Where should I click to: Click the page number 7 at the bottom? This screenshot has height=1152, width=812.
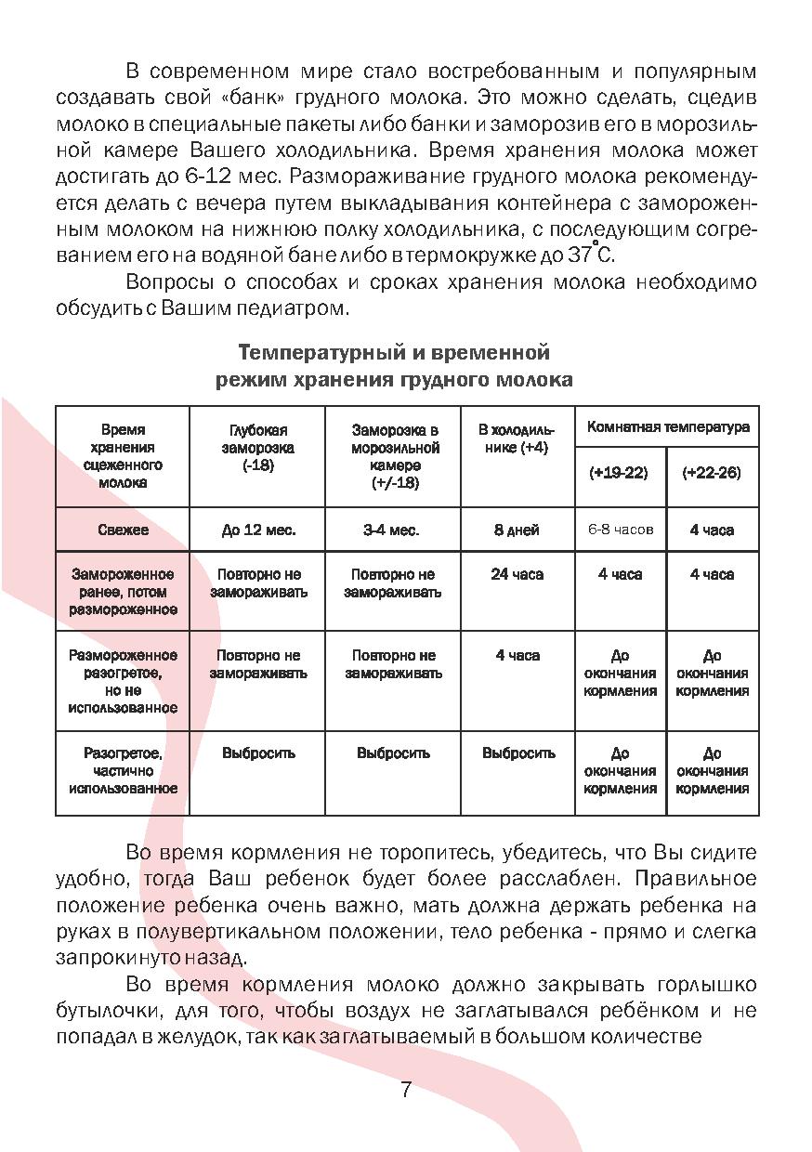point(406,1090)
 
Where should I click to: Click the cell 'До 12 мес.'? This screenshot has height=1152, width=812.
point(258,530)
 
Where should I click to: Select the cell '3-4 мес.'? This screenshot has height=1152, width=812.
point(391,530)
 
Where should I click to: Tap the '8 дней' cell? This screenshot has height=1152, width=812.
point(517,530)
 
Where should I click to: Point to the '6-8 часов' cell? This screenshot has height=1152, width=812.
point(620,530)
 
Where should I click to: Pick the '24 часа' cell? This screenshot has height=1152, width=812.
point(517,574)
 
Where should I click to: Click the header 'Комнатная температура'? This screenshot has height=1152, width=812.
point(667,427)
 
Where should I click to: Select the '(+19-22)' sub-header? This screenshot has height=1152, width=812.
point(619,473)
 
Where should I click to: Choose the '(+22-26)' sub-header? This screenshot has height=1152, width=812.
point(712,473)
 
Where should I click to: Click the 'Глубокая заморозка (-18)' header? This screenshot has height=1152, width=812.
point(258,448)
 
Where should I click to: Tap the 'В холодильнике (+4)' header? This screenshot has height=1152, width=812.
point(517,439)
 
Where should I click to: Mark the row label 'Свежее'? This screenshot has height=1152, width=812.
point(123,530)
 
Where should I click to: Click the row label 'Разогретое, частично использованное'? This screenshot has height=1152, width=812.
point(123,771)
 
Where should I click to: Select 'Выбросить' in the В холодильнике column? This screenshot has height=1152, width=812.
point(518,753)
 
